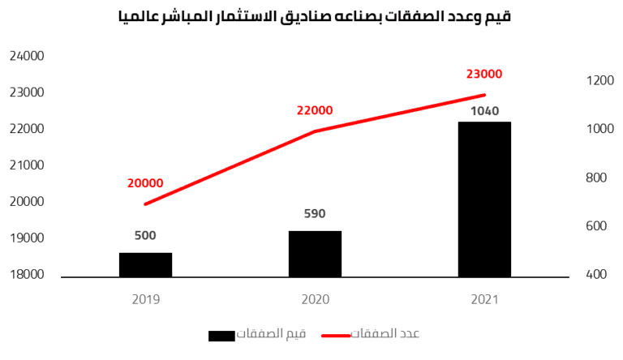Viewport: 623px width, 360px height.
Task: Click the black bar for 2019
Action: (x=146, y=264)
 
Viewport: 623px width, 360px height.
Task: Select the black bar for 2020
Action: (x=315, y=254)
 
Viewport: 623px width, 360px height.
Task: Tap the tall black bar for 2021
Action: (x=484, y=199)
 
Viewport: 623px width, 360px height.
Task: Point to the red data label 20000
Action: (x=146, y=183)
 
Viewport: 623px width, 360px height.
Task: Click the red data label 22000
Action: (x=314, y=111)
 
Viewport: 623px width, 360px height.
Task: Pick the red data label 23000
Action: (x=484, y=74)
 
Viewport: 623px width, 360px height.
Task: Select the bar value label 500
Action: (x=145, y=236)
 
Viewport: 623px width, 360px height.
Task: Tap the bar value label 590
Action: (x=314, y=214)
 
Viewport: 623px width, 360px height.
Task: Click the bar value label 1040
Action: (x=484, y=111)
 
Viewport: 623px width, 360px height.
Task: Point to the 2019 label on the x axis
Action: (x=145, y=299)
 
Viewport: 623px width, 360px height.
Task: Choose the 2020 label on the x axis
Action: (x=314, y=299)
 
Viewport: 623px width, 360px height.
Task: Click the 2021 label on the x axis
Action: (x=484, y=299)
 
